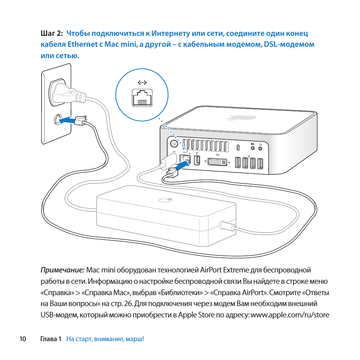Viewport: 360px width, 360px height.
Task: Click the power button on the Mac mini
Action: tap(174, 143)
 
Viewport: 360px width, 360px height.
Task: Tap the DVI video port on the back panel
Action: tap(217, 162)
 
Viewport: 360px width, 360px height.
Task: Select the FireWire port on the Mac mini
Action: tap(196, 160)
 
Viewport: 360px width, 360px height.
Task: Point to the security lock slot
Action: tap(238, 147)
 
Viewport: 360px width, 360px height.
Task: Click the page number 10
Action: tap(23, 339)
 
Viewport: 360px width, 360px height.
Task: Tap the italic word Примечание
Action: tap(62, 270)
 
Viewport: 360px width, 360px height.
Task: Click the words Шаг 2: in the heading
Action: tap(51, 34)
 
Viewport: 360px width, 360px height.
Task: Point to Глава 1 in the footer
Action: tap(51, 339)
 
